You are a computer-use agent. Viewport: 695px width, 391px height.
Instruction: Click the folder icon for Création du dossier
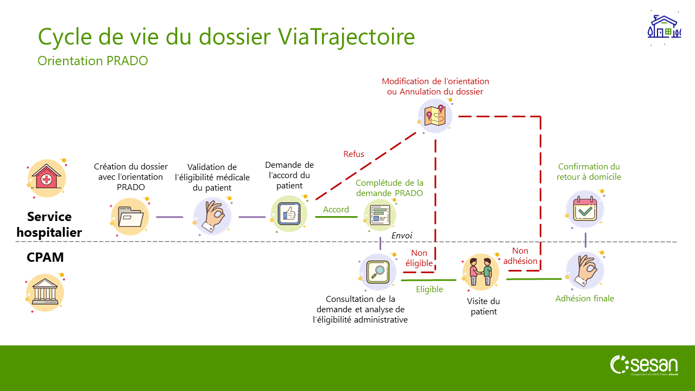[130, 217]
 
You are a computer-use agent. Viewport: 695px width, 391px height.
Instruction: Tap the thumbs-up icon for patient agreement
[289, 213]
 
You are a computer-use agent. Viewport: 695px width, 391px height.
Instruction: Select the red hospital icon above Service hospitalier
[46, 177]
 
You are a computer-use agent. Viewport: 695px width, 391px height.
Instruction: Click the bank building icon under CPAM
[45, 293]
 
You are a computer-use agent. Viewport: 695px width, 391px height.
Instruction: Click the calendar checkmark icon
[585, 209]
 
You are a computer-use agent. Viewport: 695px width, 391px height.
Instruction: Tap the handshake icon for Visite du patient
[481, 272]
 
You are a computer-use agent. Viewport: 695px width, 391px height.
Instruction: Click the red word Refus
[353, 154]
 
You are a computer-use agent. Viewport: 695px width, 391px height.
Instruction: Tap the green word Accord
[336, 210]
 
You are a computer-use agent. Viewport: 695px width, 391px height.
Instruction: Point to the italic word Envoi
[402, 236]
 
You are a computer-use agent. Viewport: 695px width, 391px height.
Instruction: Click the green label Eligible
[429, 289]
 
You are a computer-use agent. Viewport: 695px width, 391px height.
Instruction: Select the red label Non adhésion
[520, 256]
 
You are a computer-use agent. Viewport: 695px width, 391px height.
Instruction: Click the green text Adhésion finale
[585, 299]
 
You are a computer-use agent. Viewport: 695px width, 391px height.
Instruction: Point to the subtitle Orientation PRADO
[93, 61]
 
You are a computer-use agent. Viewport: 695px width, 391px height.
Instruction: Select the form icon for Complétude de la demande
[380, 213]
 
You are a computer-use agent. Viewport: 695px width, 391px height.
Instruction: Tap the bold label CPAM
[45, 257]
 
